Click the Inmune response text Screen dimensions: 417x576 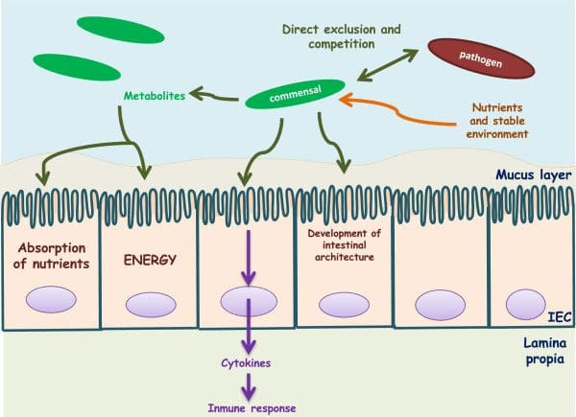pos(248,408)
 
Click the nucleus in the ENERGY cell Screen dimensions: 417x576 pos(149,306)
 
